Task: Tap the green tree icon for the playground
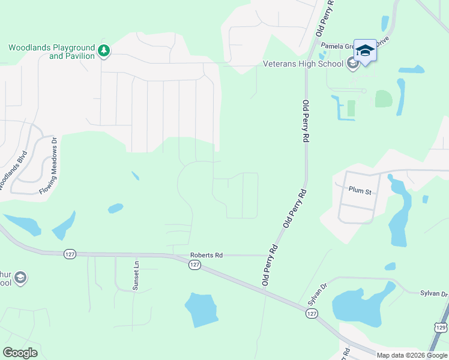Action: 104,51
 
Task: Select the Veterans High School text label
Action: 303,64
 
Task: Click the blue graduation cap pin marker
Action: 365,50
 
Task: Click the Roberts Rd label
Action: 206,255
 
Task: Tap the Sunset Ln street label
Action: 136,273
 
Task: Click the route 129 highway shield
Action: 441,327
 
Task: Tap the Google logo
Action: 20,352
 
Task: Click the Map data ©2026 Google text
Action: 412,355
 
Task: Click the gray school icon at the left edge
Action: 20,278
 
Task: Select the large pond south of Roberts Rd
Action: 200,310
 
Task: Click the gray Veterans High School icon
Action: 352,64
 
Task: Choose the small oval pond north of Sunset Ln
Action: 115,208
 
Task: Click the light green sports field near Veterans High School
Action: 383,99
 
